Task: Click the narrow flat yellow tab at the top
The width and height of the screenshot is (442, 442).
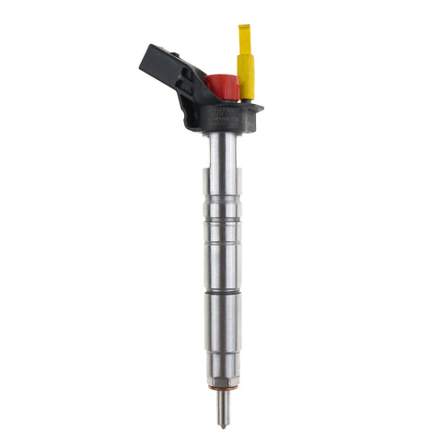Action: point(245,39)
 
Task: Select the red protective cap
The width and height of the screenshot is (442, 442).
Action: point(223,87)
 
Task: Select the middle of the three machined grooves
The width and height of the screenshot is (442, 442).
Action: point(221,244)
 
